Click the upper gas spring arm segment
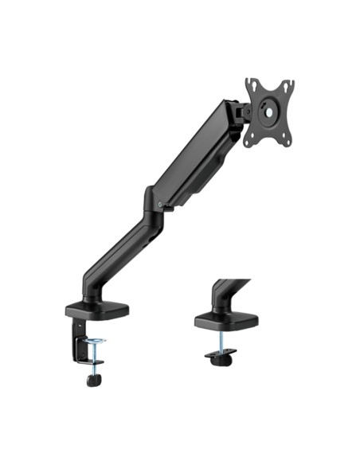(x=195, y=155)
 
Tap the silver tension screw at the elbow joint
(x=162, y=205)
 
